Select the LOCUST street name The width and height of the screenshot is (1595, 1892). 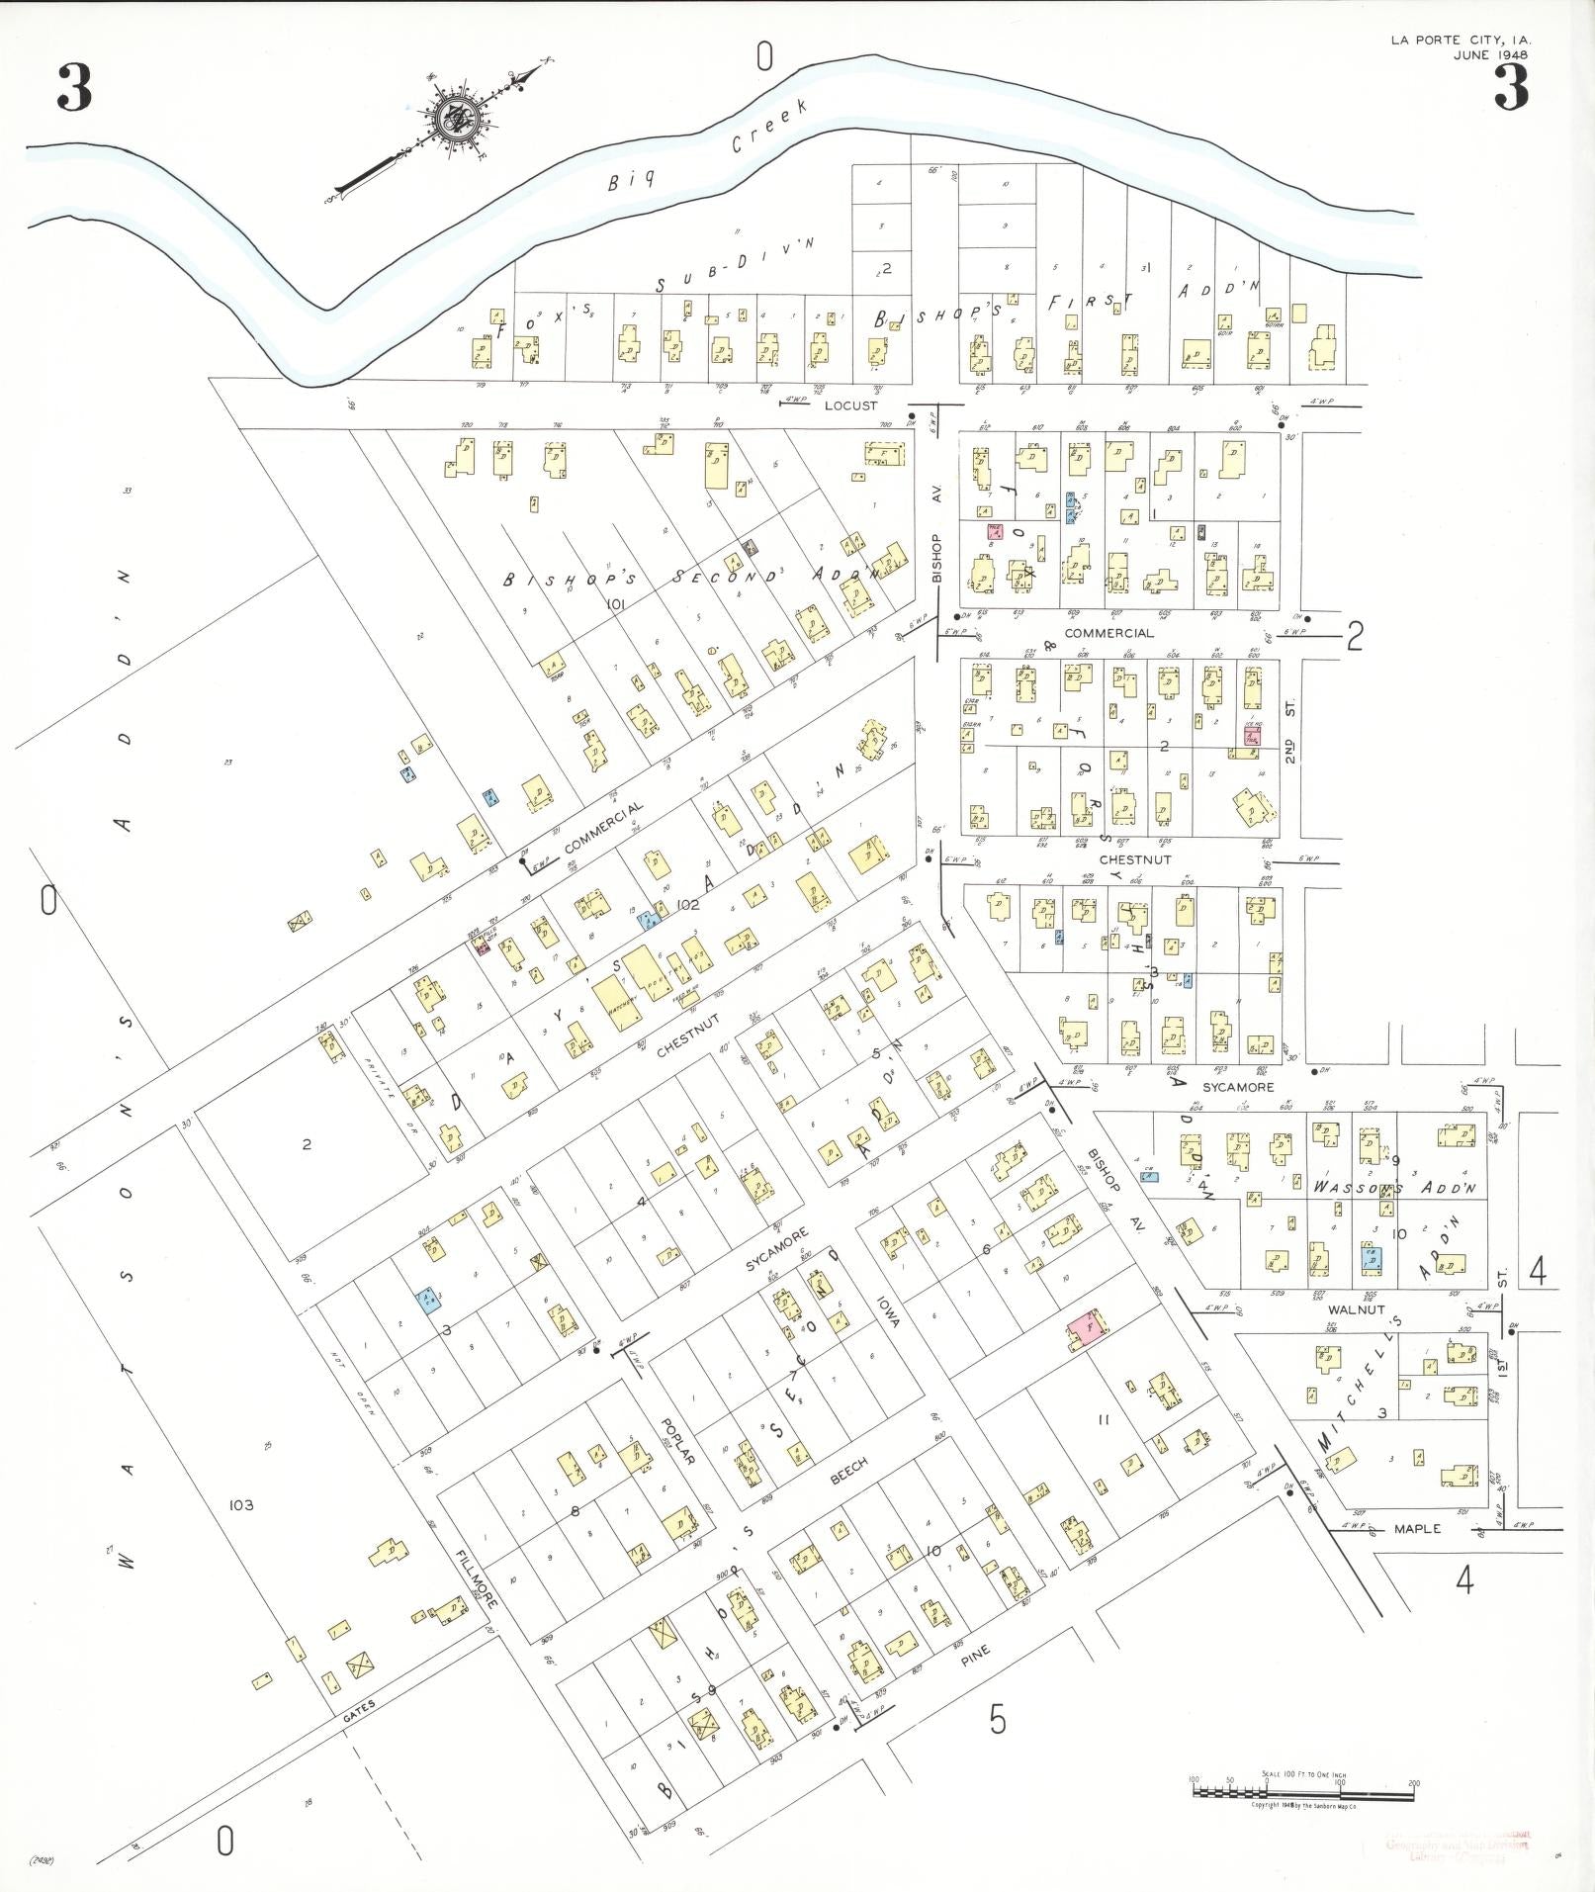coord(850,405)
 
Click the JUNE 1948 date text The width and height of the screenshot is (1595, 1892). coord(1489,54)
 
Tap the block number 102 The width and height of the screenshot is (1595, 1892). coord(689,904)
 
